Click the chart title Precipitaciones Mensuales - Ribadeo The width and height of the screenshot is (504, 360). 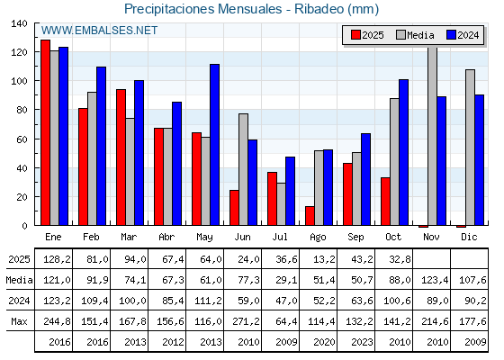(251, 9)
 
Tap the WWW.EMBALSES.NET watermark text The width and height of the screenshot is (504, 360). (99, 31)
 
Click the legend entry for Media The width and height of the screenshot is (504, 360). (415, 35)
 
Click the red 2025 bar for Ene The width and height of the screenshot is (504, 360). (45, 132)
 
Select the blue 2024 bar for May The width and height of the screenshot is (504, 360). (215, 145)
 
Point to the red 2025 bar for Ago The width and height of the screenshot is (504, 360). (310, 216)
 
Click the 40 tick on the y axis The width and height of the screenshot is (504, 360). (22, 168)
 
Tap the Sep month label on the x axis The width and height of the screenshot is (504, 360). (356, 236)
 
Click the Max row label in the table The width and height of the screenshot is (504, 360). (18, 321)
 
